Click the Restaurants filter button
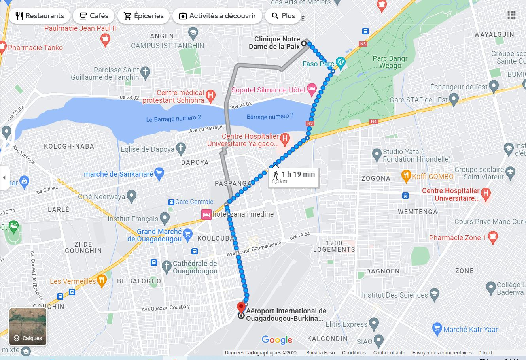40,16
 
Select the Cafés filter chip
94,16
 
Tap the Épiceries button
144,16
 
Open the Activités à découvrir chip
217,16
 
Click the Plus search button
283,16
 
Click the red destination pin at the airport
241,307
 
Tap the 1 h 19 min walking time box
293,177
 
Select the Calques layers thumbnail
28,327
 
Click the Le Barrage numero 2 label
174,118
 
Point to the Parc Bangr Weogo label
390,62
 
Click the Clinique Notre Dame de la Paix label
277,43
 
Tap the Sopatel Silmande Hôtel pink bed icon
312,90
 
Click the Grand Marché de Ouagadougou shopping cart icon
187,234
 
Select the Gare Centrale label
194,202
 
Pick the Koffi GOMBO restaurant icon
406,176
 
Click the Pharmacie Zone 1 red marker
492,237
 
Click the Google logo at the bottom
277,340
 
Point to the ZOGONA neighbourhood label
376,178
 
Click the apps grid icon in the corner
511,15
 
